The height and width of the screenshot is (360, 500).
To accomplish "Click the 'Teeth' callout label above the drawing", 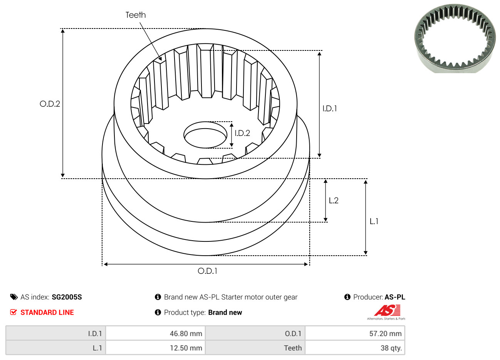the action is click(136, 15).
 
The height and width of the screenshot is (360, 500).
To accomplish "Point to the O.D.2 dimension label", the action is click(50, 104).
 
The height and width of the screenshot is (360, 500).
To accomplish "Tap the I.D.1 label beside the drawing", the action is click(330, 109).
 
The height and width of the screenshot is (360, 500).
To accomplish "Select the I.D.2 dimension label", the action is click(242, 133).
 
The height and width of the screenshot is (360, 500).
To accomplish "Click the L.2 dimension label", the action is click(334, 201).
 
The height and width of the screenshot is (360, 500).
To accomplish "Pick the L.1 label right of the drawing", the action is click(374, 221).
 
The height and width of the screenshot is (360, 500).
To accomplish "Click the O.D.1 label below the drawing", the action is click(207, 271).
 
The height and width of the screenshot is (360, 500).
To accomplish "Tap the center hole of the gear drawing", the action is click(205, 135).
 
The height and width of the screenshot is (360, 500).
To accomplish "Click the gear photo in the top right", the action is click(455, 39).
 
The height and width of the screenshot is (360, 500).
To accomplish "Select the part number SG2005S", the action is click(67, 297).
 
